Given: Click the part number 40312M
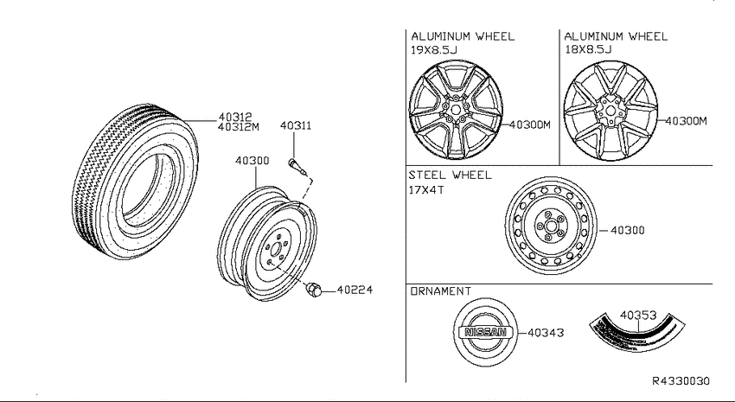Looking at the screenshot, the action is pyautogui.click(x=239, y=127).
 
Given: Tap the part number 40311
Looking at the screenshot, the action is pyautogui.click(x=296, y=125).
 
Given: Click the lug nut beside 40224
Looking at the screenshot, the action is pyautogui.click(x=313, y=289).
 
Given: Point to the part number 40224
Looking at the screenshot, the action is pyautogui.click(x=355, y=290).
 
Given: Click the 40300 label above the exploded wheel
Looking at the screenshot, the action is pyautogui.click(x=252, y=161).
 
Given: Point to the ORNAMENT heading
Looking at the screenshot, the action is pyautogui.click(x=441, y=291).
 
